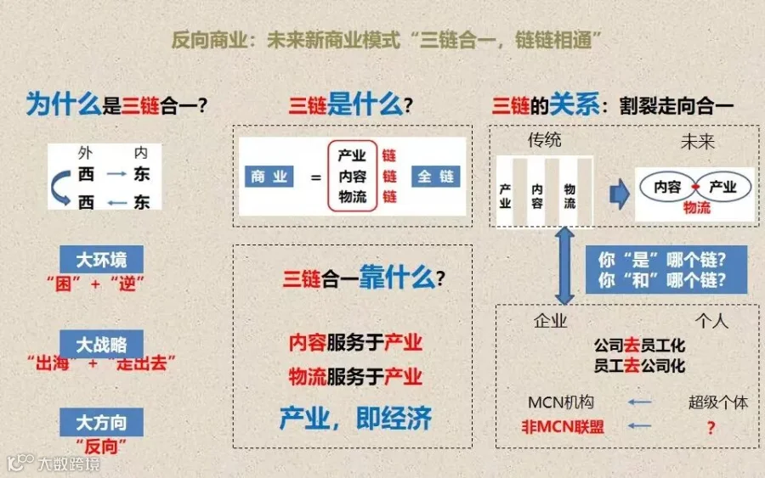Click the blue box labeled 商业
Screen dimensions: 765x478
[269, 177]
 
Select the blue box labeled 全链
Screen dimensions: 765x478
[436, 177]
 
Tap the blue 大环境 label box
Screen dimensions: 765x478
[101, 259]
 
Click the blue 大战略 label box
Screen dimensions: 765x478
[101, 344]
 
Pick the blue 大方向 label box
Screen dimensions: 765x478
[101, 422]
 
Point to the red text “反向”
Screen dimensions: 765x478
[101, 447]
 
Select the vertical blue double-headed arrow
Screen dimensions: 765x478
[564, 266]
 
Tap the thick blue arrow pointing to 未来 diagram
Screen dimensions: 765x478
[620, 194]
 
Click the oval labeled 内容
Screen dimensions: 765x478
[667, 187]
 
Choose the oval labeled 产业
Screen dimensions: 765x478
[723, 187]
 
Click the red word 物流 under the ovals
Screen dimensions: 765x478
[697, 208]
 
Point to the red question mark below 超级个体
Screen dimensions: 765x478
[711, 428]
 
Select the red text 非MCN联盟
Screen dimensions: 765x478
[563, 427]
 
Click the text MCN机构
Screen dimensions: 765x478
[561, 402]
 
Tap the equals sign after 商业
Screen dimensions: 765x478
[316, 177]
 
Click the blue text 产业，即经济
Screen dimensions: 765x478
[355, 418]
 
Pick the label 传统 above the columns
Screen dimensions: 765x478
[545, 140]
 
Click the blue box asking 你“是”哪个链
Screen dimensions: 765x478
[666, 269]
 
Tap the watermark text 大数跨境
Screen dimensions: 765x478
[69, 464]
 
